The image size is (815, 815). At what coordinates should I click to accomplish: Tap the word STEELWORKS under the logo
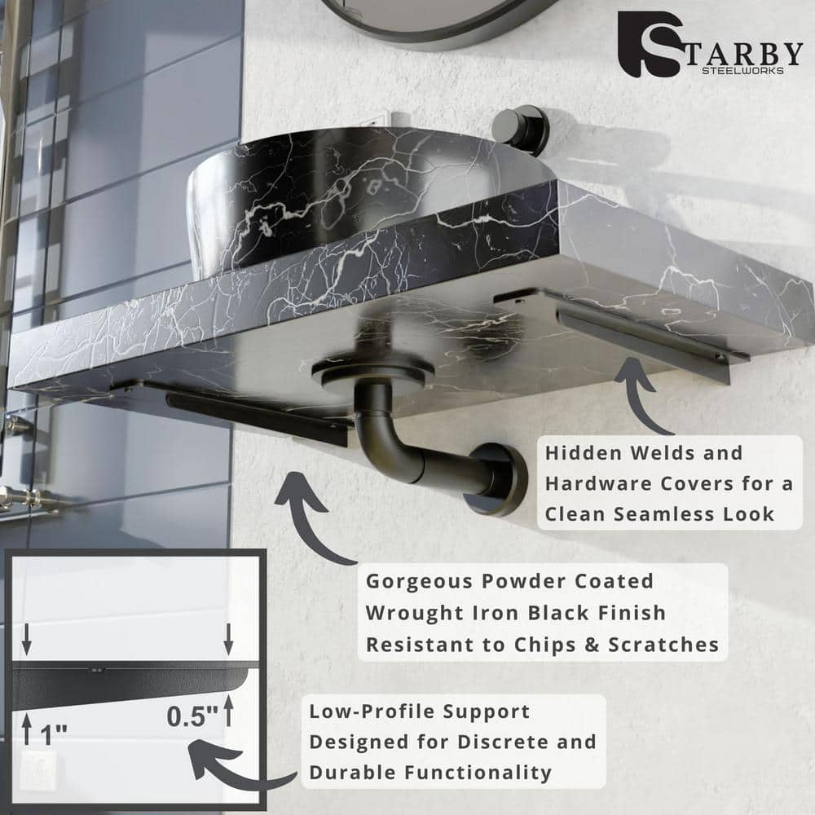pos(742,71)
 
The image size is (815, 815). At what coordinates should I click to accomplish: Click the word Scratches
pos(663,645)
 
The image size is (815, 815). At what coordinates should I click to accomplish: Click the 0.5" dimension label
pos(192,716)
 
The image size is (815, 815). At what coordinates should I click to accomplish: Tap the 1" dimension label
pos(54,735)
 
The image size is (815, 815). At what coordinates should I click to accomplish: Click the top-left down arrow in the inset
pos(27,639)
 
